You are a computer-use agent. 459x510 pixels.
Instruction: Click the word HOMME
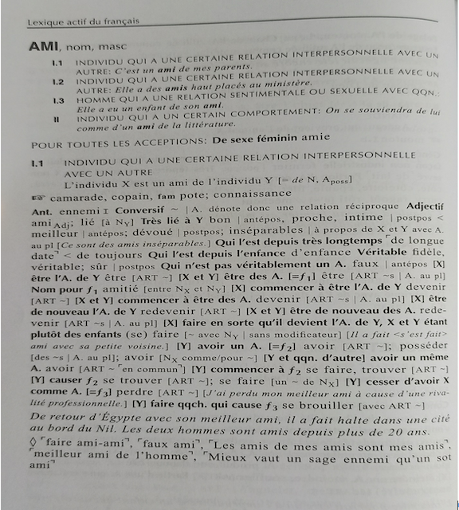(96, 100)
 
